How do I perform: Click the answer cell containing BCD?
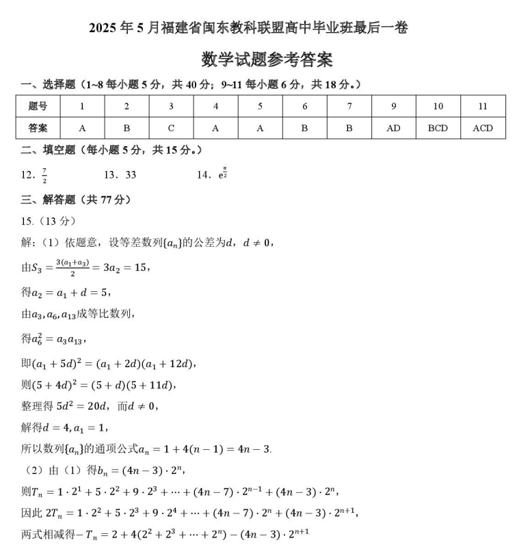pos(438,128)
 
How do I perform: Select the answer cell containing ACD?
pos(483,128)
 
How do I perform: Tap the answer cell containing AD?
pos(393,128)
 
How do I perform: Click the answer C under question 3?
pos(171,128)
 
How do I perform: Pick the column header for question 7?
pos(349,106)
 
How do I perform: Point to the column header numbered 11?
pos(483,106)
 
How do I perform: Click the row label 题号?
pos(38,106)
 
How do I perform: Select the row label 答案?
pos(38,128)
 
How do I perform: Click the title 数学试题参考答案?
pos(267,59)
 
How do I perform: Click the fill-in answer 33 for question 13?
pos(130,175)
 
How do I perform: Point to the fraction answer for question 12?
pos(44,176)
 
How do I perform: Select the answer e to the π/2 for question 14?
pos(222,174)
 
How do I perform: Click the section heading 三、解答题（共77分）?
pos(75,200)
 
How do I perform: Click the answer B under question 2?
pos(127,128)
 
